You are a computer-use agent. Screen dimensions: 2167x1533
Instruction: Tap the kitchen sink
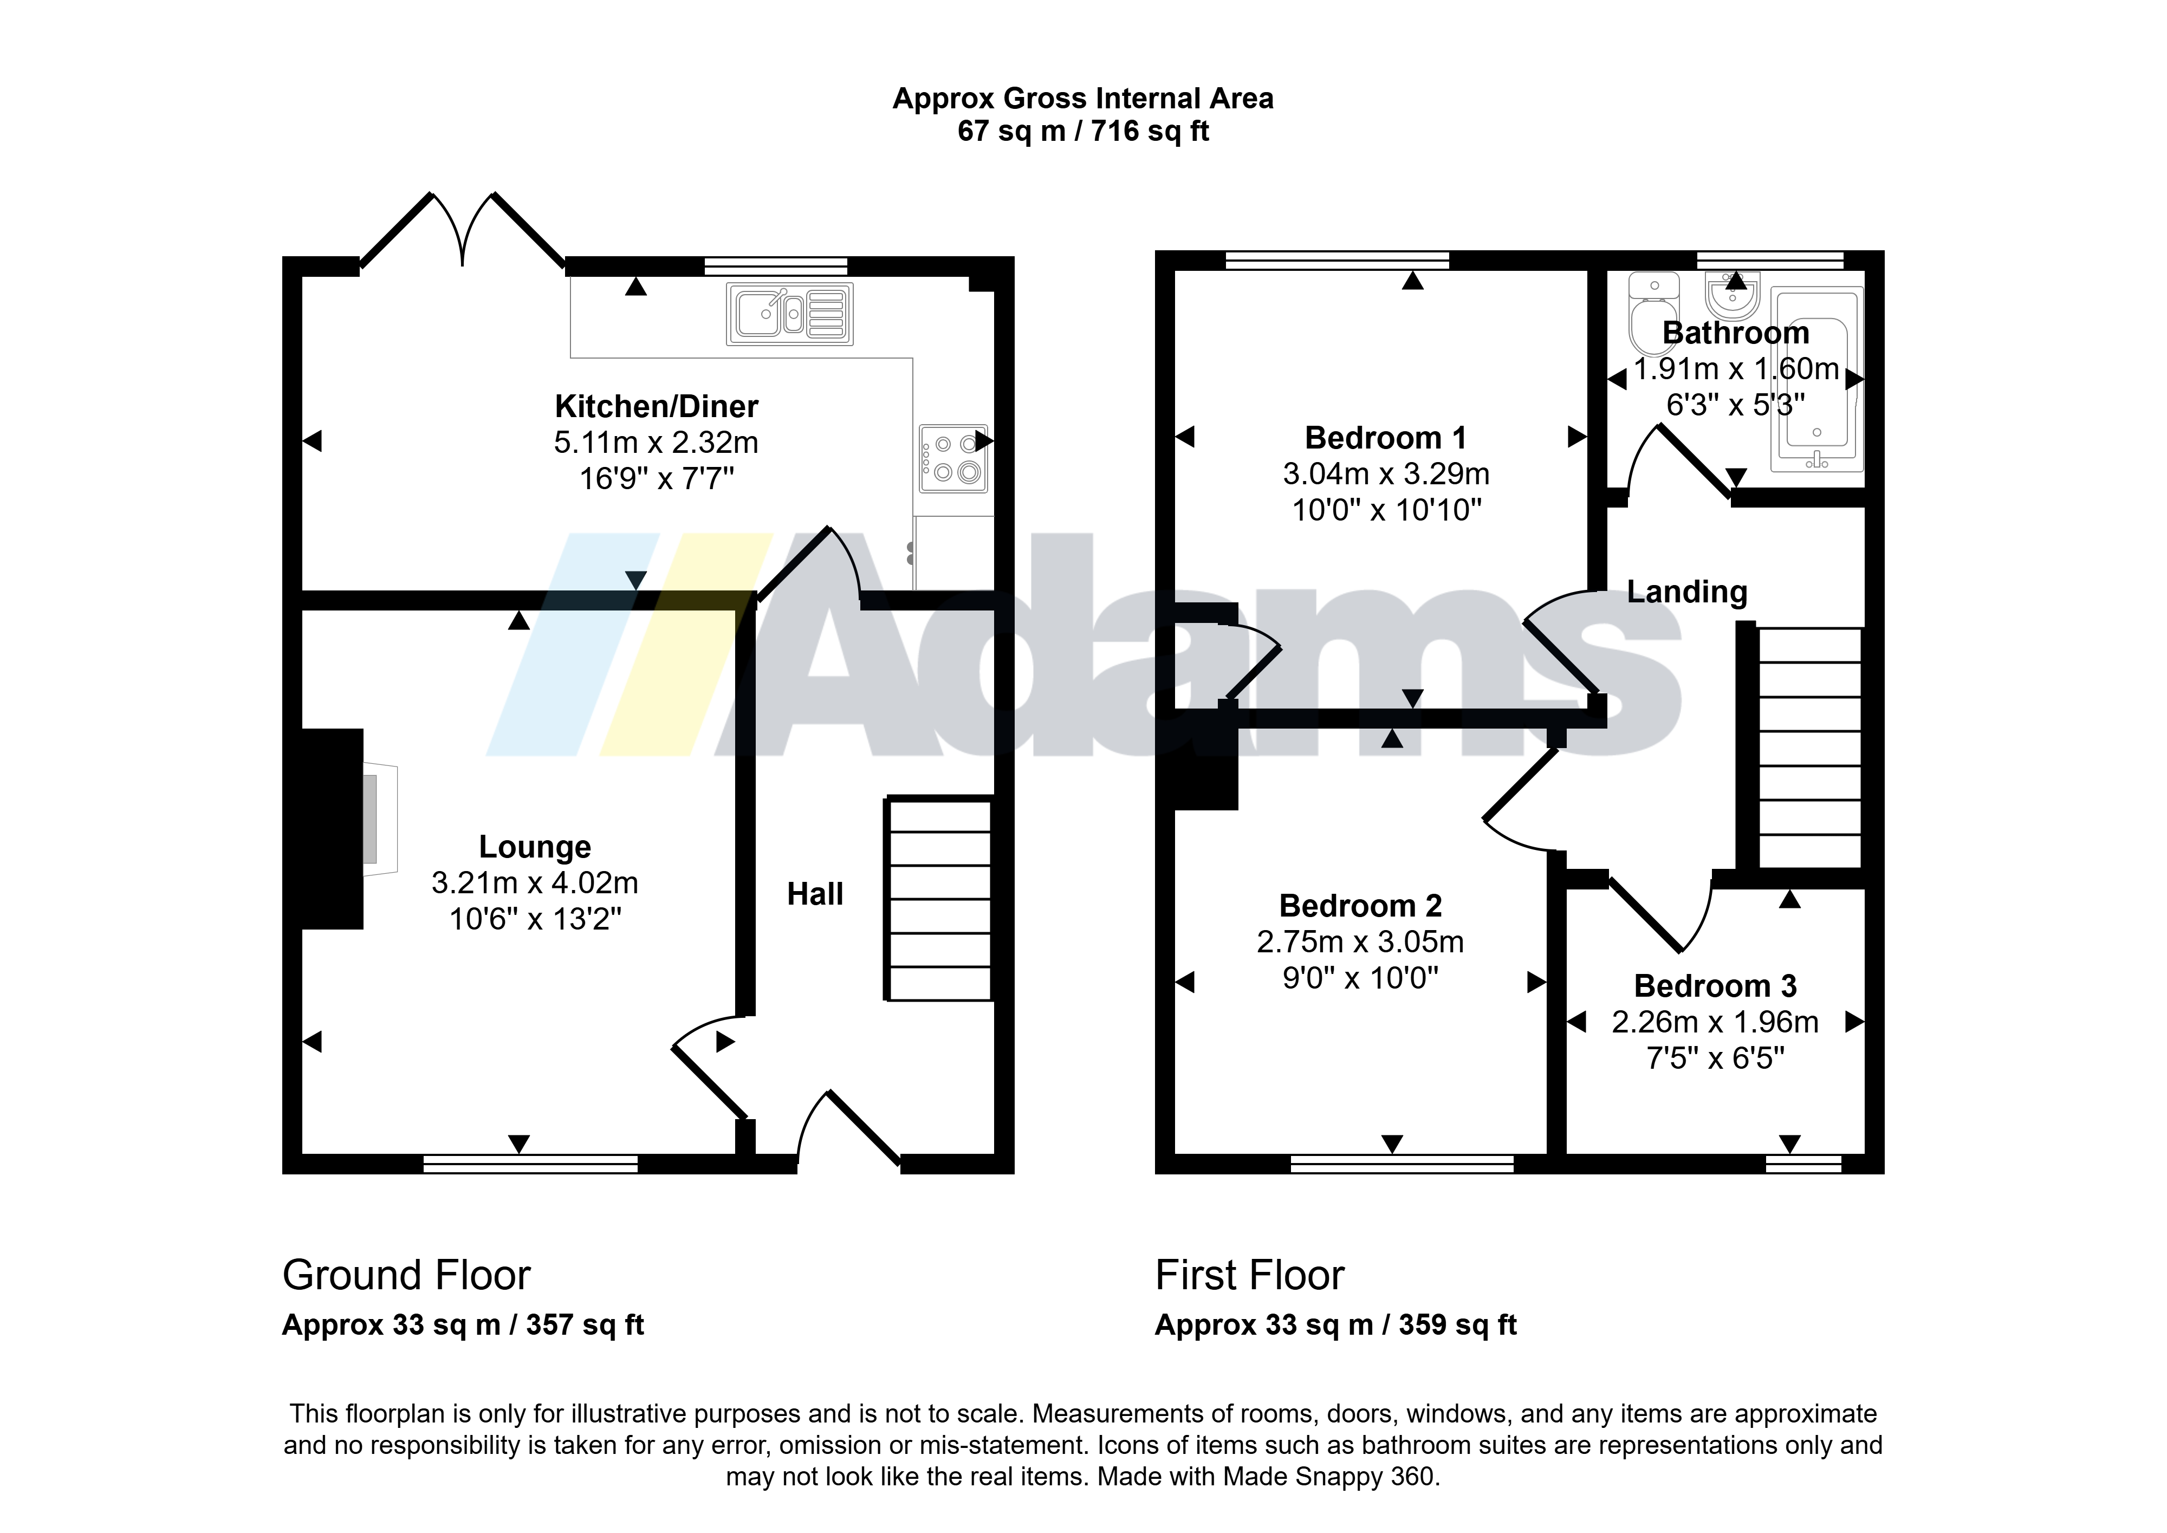[790, 314]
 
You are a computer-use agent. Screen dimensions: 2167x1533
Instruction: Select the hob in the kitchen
[953, 459]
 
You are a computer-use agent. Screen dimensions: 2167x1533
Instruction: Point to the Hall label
[815, 894]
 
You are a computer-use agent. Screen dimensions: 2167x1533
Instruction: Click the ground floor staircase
[938, 900]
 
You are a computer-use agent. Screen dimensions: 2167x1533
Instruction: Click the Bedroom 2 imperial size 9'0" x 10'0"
[1360, 978]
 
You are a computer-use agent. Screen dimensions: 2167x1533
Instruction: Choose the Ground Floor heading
[407, 1275]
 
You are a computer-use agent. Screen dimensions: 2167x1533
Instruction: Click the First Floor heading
[1250, 1275]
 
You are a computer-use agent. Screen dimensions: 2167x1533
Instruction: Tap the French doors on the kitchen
[463, 231]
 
